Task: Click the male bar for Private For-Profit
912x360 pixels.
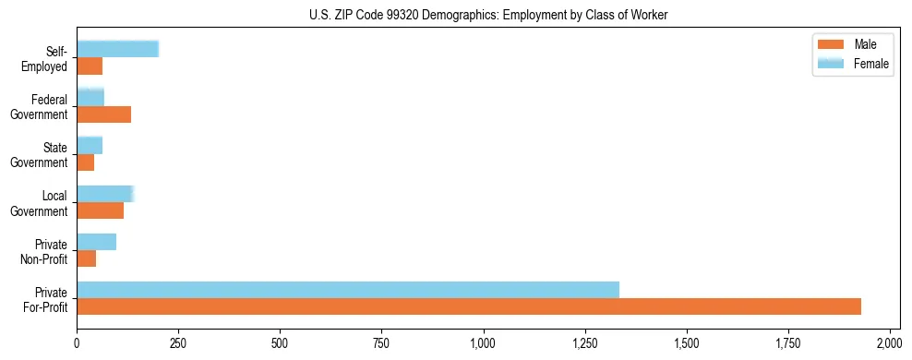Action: point(469,306)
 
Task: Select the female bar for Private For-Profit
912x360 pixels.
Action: point(348,290)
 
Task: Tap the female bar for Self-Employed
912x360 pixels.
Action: point(118,49)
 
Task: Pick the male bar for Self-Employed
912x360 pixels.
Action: point(90,66)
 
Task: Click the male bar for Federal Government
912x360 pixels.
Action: point(103,114)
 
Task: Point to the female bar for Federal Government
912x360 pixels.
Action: point(90,97)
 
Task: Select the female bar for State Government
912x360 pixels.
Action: point(90,145)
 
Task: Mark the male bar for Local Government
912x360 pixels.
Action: point(100,210)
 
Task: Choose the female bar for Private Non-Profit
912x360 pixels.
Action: point(96,242)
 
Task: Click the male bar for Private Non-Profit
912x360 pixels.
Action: point(86,258)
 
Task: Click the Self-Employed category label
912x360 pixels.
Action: point(51,58)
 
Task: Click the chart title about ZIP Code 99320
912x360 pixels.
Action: point(488,16)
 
